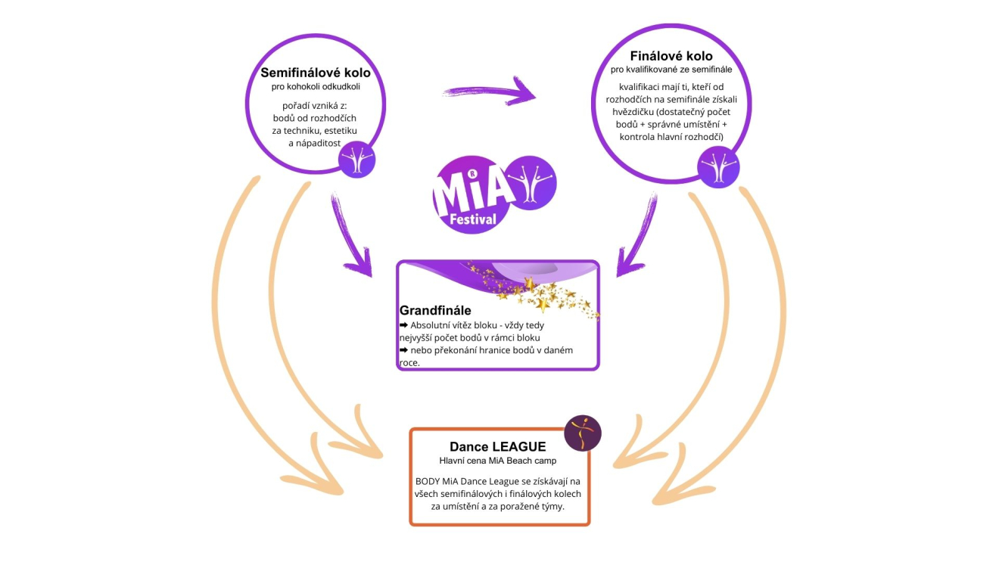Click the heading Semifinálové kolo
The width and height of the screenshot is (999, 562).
point(315,73)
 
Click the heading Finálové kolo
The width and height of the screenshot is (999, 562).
point(671,56)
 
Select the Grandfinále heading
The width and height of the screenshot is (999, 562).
point(435,310)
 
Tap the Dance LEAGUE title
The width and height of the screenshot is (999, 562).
point(497,447)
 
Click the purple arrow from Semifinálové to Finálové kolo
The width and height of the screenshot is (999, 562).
point(490,92)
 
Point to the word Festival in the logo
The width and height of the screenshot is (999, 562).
point(471,219)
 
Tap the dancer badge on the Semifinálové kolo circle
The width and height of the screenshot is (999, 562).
point(357,160)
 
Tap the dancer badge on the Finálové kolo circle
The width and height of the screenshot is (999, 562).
point(718,166)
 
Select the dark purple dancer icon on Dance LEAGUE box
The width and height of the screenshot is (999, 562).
point(583,433)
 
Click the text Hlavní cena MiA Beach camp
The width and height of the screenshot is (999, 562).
point(497,461)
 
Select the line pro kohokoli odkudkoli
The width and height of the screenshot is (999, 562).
point(315,88)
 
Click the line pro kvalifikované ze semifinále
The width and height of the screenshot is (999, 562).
point(671,70)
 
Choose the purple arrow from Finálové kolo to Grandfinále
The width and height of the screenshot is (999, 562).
point(636,238)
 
